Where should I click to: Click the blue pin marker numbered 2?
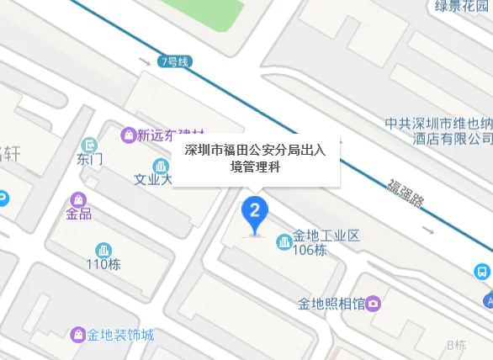coord(255,210)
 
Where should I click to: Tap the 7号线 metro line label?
coord(175,61)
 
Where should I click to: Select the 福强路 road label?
coord(405,193)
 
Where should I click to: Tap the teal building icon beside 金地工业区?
coord(284,242)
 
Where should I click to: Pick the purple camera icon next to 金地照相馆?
coord(373,303)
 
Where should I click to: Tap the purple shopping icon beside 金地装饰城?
coord(78,335)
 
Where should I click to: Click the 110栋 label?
coord(103,264)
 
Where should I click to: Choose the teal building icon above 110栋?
coord(103,249)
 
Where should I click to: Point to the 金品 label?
coord(78,214)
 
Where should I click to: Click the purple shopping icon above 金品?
coord(78,199)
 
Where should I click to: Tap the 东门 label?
coord(89,158)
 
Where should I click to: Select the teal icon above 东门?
coord(89,144)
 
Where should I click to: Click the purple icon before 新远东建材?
coord(128,135)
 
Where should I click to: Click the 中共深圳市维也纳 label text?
coord(438,123)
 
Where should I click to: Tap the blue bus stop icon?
coord(482,272)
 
